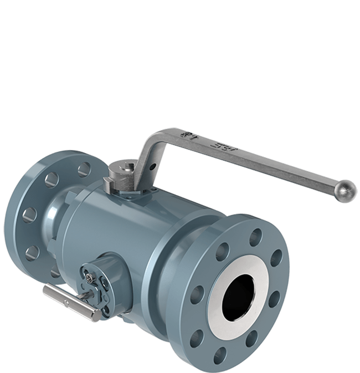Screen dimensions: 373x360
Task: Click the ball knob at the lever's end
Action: (347, 192)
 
